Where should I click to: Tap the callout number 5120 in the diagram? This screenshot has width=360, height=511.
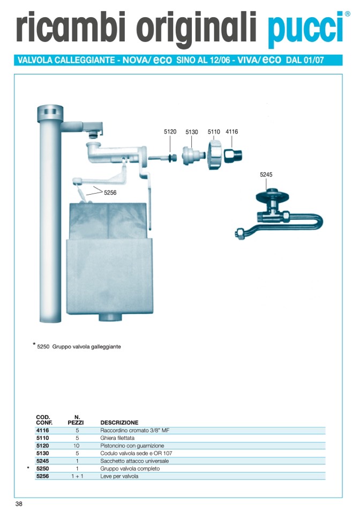coord(170,131)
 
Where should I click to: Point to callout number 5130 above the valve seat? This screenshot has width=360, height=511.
coord(192,132)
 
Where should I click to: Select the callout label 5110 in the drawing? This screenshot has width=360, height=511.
coord(214,131)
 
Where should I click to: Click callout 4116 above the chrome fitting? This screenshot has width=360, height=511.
coord(232,131)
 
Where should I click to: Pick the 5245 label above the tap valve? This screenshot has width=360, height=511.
coord(266,174)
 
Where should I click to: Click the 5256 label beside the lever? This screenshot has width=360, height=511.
coord(110,192)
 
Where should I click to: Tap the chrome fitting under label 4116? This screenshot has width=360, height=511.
coord(233,154)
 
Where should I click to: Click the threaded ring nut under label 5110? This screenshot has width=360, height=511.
coord(215,155)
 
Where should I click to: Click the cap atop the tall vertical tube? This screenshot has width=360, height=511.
coord(48,114)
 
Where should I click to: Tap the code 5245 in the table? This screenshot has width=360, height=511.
coord(42,461)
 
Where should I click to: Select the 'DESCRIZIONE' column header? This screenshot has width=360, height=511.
coord(119,423)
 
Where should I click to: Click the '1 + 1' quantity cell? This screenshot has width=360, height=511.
coord(77,476)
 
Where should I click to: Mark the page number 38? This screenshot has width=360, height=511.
coord(19,503)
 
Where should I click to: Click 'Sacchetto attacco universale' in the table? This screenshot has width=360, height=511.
coord(134,461)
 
